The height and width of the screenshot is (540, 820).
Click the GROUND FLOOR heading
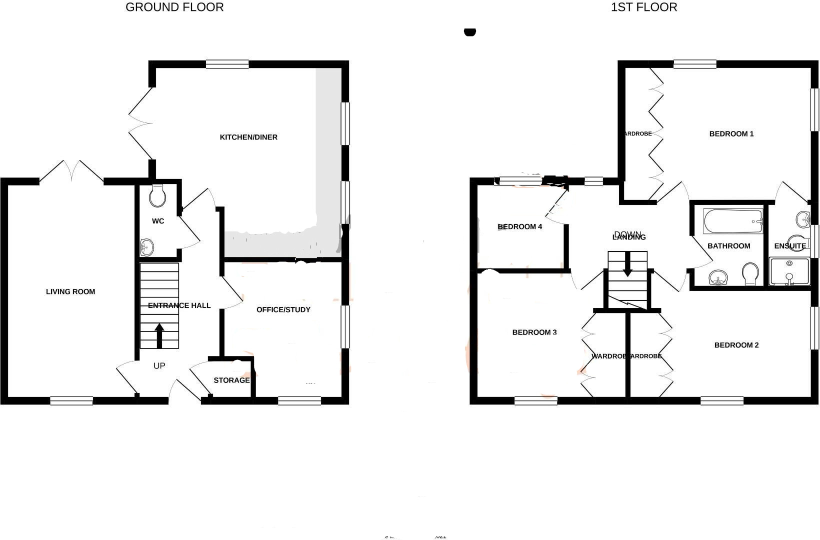[174, 7]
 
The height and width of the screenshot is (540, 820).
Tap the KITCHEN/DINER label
[248, 137]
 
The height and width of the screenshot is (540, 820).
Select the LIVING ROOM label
[70, 291]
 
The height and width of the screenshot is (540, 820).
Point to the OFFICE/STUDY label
[283, 309]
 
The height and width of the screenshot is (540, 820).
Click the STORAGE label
[231, 380]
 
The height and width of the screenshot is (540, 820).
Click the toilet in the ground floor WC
[157, 196]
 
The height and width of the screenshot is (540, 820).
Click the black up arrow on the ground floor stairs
[159, 335]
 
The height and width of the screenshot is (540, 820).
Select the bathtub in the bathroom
[733, 221]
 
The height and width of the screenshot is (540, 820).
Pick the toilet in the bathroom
[750, 274]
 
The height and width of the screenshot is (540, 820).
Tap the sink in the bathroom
[718, 277]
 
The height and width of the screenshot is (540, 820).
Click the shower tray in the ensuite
[789, 271]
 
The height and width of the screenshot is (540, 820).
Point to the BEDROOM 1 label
[731, 133]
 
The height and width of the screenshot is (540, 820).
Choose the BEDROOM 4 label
[520, 226]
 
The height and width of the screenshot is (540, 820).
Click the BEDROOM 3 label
[534, 332]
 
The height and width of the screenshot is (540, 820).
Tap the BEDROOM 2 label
[736, 345]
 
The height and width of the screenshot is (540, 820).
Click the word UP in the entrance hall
[159, 366]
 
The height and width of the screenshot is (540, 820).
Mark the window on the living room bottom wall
[71, 400]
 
